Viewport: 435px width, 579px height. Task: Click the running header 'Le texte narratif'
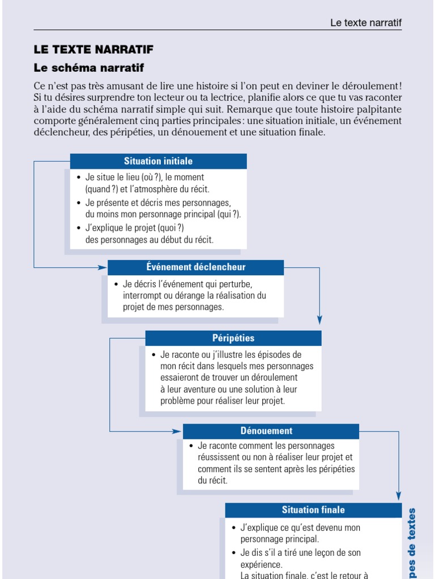(x=366, y=23)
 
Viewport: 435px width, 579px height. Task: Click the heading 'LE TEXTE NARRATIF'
(x=93, y=50)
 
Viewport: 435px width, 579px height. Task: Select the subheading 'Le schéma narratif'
(x=89, y=68)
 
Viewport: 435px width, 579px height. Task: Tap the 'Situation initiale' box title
(x=158, y=161)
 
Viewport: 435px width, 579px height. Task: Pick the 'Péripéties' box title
(x=233, y=338)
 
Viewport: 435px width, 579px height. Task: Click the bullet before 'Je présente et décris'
(x=79, y=202)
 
